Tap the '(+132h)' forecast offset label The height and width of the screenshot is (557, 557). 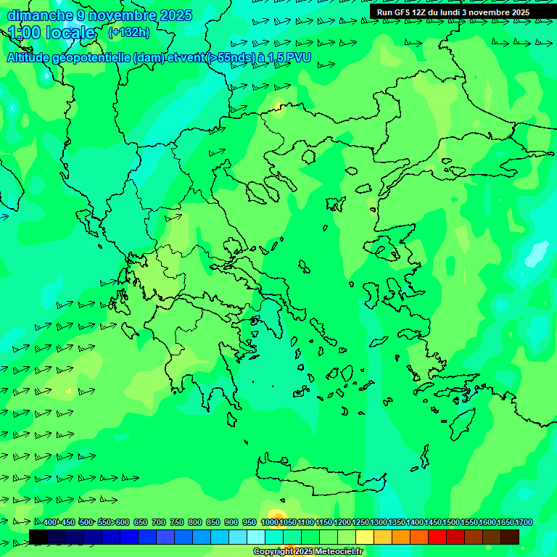128,32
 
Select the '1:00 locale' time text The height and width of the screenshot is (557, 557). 51,33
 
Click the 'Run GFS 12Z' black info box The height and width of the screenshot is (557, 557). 453,12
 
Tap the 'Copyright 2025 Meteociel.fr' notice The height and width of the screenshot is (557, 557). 308,552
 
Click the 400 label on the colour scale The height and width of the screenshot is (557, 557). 50,523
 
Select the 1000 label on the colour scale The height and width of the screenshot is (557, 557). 269,523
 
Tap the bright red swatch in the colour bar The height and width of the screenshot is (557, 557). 437,537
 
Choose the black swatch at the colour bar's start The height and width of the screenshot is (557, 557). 38,537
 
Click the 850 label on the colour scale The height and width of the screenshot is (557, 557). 213,523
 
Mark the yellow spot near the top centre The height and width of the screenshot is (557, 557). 278,109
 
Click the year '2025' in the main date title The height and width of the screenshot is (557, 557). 176,15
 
